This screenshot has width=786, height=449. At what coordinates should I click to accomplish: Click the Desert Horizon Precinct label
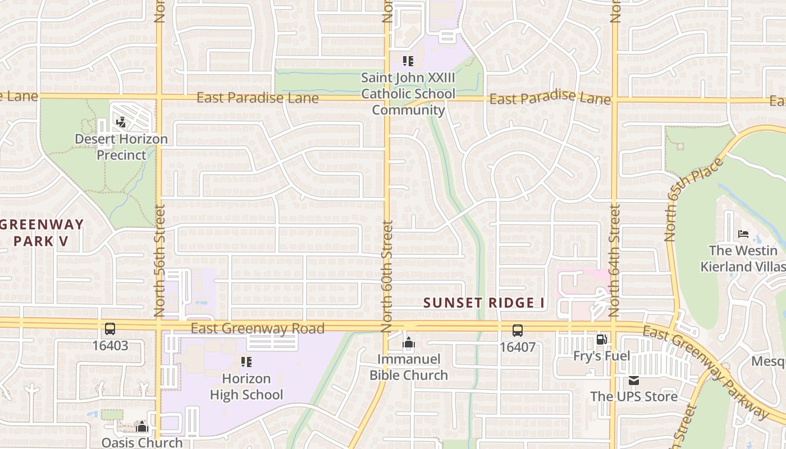(x=121, y=146)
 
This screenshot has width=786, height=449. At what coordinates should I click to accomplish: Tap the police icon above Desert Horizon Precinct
(x=121, y=122)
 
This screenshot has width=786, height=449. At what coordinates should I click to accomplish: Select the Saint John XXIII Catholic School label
(x=408, y=85)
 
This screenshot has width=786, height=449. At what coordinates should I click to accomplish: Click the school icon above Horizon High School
(x=246, y=362)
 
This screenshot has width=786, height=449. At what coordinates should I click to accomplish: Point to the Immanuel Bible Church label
(x=409, y=367)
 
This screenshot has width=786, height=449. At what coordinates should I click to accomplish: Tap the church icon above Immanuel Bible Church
(x=409, y=342)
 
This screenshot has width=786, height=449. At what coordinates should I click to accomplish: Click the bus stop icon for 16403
(x=110, y=329)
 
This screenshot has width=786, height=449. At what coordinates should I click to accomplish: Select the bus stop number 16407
(x=518, y=347)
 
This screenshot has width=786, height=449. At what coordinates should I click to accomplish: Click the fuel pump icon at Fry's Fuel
(x=601, y=340)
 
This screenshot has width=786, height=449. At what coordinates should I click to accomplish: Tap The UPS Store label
(x=634, y=396)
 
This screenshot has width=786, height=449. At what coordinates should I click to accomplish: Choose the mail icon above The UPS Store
(x=634, y=381)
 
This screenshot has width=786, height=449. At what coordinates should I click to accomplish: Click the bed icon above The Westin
(x=743, y=233)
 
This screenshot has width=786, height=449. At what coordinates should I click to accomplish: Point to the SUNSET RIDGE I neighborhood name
(x=484, y=303)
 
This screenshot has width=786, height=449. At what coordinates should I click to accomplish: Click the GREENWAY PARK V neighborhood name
(x=42, y=233)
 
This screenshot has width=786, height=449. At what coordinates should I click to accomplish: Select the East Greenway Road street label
(x=257, y=328)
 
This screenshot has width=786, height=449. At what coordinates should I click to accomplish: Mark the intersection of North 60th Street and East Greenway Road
(x=387, y=325)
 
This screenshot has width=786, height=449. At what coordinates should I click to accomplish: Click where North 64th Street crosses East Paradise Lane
(x=614, y=100)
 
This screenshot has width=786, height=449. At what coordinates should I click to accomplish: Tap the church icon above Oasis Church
(x=141, y=427)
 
